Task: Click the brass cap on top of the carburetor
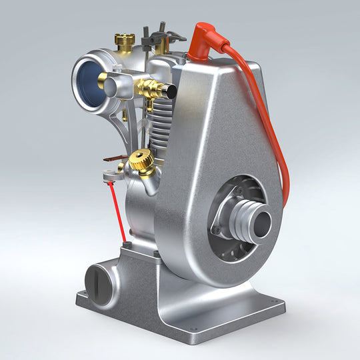(x=123, y=40)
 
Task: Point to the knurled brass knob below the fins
(x=140, y=161)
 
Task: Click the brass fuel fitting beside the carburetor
(x=149, y=87)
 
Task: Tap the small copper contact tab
(x=109, y=159)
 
